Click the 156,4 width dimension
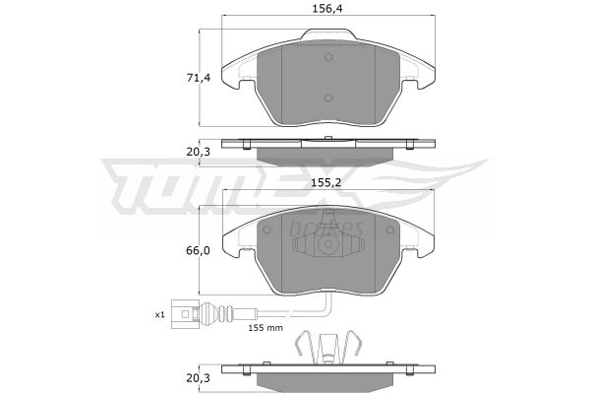click(x=327, y=9)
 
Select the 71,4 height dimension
click(x=199, y=78)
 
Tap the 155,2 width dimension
click(x=326, y=183)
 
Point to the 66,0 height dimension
click(x=199, y=250)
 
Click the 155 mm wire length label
click(x=265, y=328)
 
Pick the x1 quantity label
click(x=160, y=314)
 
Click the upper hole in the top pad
click(x=328, y=57)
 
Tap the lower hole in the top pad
click(x=328, y=98)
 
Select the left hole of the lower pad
click(x=266, y=230)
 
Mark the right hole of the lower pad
click(x=389, y=230)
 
